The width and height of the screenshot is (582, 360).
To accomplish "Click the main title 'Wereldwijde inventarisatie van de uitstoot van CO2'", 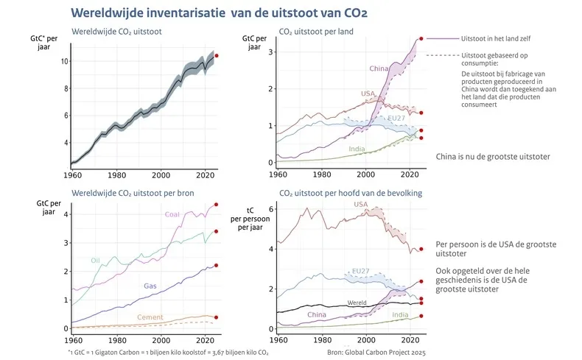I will click(219, 13).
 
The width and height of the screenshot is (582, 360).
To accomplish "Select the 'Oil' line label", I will click(96, 260).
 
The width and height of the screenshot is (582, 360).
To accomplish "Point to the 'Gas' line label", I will click(150, 285).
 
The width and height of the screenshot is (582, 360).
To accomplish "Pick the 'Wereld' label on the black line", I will click(357, 303).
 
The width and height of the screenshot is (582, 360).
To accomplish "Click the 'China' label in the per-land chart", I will click(379, 69).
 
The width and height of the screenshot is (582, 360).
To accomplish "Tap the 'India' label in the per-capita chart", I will click(400, 315).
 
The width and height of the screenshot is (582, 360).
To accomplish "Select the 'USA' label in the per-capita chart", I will click(361, 205).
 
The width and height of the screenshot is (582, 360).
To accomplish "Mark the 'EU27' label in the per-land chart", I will click(396, 118).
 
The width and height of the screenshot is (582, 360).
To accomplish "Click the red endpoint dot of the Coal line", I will click(216, 205).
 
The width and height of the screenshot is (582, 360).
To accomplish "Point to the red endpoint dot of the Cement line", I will click(216, 317).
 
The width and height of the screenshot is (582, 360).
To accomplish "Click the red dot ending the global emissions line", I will click(216, 55).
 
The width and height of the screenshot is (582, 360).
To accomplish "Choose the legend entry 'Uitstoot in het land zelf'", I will click(495, 38).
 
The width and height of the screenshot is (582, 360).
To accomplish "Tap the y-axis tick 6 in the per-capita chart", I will click(271, 209).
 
